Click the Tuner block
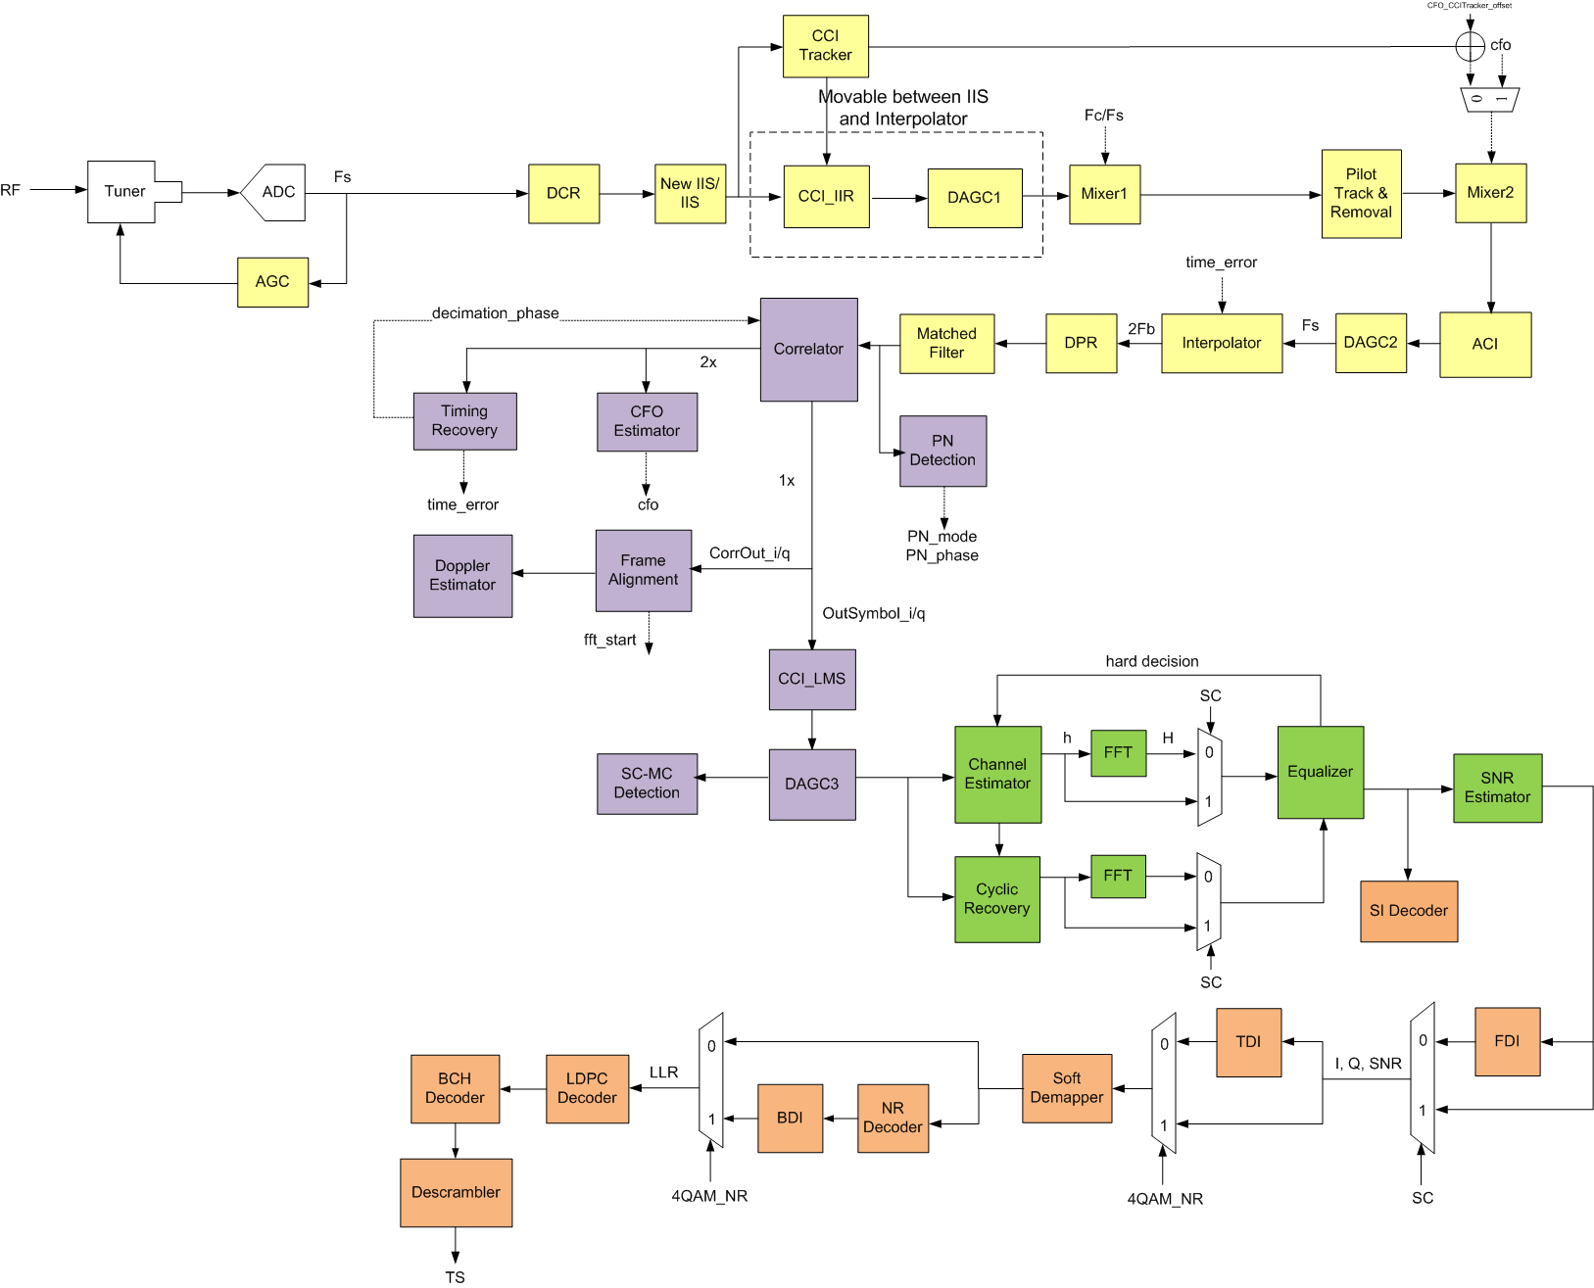tap(124, 192)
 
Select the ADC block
tap(275, 192)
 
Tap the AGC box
tap(272, 282)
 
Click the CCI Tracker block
tap(825, 46)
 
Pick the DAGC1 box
tap(974, 198)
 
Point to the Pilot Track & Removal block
tap(1361, 194)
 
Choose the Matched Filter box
tap(946, 344)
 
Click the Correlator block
tap(808, 350)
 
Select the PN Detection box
tap(942, 451)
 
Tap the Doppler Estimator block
tap(462, 576)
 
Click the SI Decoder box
tap(1408, 911)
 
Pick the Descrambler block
tap(456, 1193)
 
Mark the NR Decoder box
tap(893, 1118)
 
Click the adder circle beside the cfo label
tap(1470, 46)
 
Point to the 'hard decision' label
tap(1151, 662)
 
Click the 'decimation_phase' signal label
tap(495, 313)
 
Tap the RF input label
tap(11, 190)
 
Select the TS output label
tap(455, 1277)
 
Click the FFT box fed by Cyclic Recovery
tap(1118, 877)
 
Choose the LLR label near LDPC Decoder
tap(663, 1073)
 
